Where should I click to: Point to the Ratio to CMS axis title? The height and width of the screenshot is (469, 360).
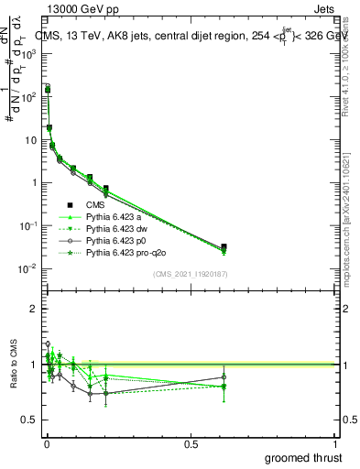13,365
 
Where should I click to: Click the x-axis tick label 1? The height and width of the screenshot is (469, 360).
335,444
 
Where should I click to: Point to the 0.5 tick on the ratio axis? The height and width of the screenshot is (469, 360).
30,420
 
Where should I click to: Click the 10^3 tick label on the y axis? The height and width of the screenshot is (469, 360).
28,54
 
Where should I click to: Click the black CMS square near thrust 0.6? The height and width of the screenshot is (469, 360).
224,246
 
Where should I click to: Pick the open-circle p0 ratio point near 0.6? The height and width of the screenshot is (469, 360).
224,376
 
